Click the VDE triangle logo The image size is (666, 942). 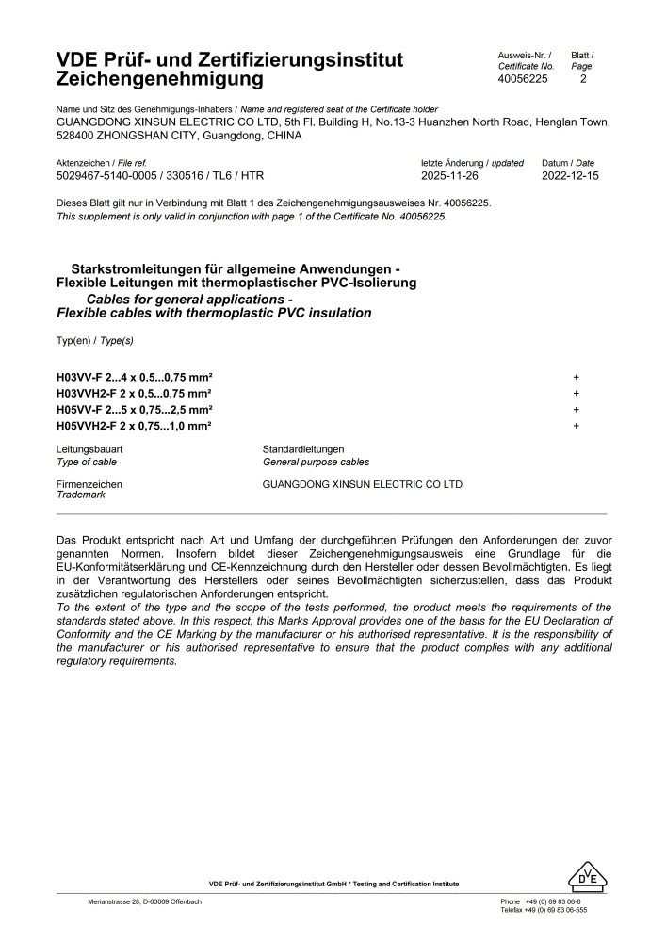pyautogui.click(x=588, y=878)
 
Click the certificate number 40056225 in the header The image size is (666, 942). pyautogui.click(x=522, y=80)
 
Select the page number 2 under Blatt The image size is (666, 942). pyautogui.click(x=583, y=80)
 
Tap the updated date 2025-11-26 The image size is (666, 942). pyautogui.click(x=451, y=176)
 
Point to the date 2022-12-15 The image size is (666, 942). pyautogui.click(x=570, y=176)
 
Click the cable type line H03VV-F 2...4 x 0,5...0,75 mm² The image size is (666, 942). pyautogui.click(x=135, y=376)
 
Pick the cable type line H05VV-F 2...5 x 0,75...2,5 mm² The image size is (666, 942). pyautogui.click(x=135, y=410)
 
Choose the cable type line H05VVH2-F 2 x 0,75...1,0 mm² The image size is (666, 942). pyautogui.click(x=134, y=427)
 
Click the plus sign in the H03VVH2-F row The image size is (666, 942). pyautogui.click(x=576, y=393)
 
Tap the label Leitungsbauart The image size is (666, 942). pyautogui.click(x=89, y=449)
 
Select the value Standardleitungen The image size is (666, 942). pyautogui.click(x=303, y=449)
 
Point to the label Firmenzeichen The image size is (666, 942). pyautogui.click(x=89, y=484)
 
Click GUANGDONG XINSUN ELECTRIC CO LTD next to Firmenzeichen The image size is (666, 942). pyautogui.click(x=363, y=484)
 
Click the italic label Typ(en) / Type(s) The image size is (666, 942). pyautogui.click(x=95, y=339)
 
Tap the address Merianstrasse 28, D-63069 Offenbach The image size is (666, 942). pyautogui.click(x=144, y=901)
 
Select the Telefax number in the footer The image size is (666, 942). pyautogui.click(x=544, y=910)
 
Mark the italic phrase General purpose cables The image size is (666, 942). pyautogui.click(x=316, y=462)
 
